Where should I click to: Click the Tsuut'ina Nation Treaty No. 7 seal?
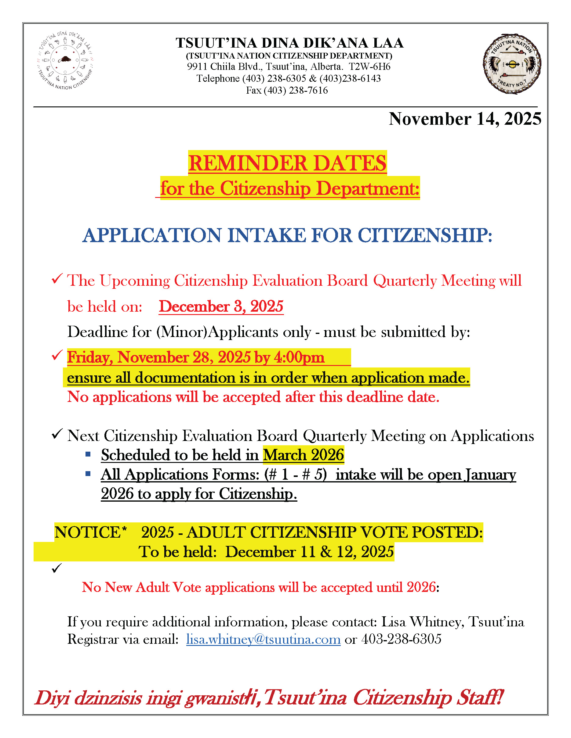pyautogui.click(x=512, y=64)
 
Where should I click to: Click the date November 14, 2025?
pyautogui.click(x=465, y=119)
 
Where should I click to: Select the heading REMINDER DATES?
pyautogui.click(x=287, y=163)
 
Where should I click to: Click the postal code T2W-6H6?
pyautogui.click(x=370, y=66)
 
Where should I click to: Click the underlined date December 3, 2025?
pyautogui.click(x=221, y=306)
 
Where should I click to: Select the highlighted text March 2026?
pyautogui.click(x=304, y=455)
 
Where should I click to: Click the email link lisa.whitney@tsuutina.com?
pyautogui.click(x=263, y=639)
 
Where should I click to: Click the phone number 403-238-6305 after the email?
pyautogui.click(x=401, y=639)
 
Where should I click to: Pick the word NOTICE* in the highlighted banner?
pyautogui.click(x=91, y=532)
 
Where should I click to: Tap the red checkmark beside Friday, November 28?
pyautogui.click(x=57, y=355)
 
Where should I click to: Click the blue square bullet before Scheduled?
pyautogui.click(x=88, y=454)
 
